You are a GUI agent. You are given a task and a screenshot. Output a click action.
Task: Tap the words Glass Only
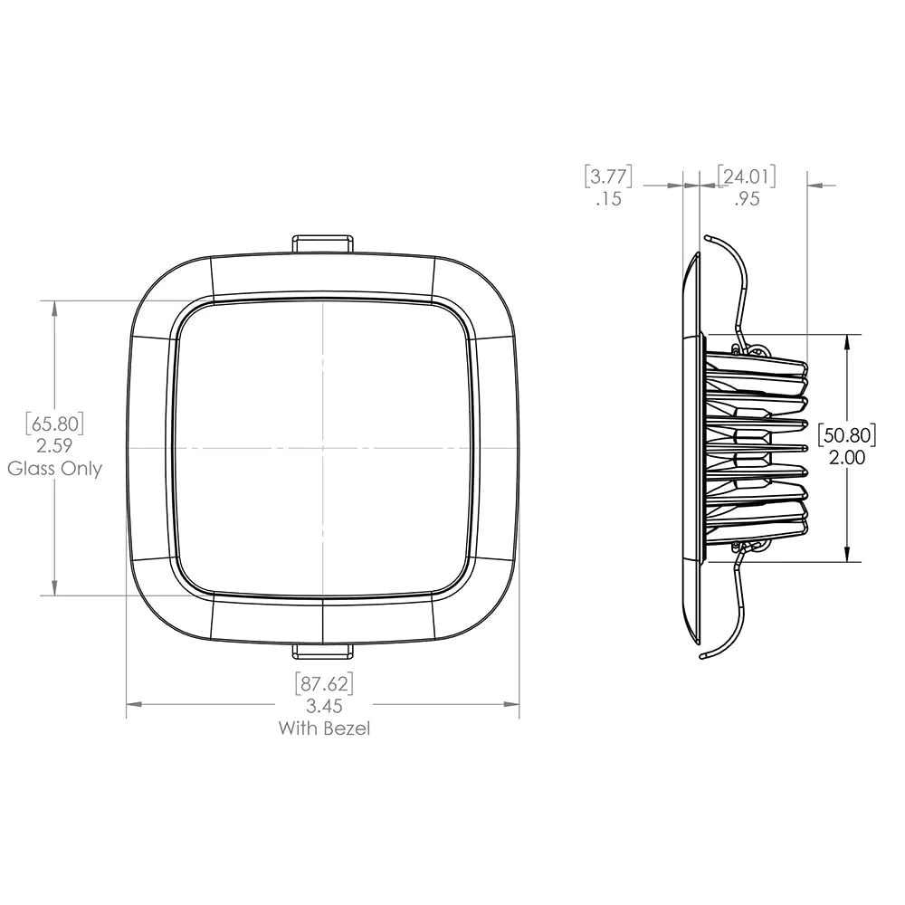pyautogui.click(x=55, y=469)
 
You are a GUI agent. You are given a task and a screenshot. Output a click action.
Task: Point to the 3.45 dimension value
pyautogui.click(x=324, y=706)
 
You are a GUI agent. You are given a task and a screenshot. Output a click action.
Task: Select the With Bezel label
pyautogui.click(x=324, y=729)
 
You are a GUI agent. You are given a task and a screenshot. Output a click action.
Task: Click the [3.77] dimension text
pyautogui.click(x=608, y=175)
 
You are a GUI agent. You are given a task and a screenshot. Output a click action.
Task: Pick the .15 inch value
pyautogui.click(x=609, y=199)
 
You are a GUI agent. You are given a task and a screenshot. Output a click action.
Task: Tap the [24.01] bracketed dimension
pyautogui.click(x=747, y=175)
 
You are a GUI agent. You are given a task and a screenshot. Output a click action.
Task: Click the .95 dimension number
pyautogui.click(x=747, y=199)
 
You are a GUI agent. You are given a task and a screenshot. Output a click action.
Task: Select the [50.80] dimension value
pyautogui.click(x=847, y=435)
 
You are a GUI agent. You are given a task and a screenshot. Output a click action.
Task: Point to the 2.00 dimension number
pyautogui.click(x=847, y=458)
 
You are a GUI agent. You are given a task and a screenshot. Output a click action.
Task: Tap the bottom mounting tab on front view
pyautogui.click(x=322, y=651)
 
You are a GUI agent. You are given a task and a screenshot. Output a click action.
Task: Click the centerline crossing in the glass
pyautogui.click(x=323, y=448)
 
